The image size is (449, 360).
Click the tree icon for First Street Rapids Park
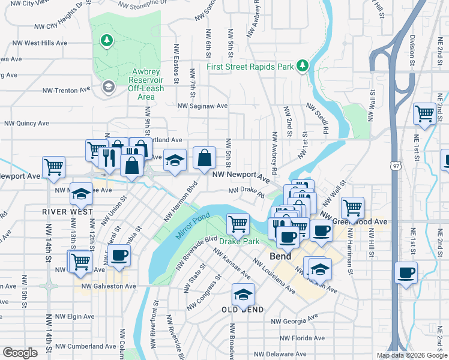point(303,65)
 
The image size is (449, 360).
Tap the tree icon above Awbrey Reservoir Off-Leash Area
point(106,41)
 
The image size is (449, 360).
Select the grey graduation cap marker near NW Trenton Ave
point(108,87)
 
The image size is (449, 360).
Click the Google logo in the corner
point(20,353)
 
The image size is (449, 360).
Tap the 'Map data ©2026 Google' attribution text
point(411,355)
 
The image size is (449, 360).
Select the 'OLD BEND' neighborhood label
point(243,310)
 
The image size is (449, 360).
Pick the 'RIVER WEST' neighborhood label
point(67,212)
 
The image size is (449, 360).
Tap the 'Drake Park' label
point(239,241)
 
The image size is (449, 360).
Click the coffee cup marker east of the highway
point(406,272)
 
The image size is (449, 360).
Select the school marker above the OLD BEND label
point(243,294)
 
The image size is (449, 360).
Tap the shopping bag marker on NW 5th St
point(205,158)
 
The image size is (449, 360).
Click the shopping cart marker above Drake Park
point(238,224)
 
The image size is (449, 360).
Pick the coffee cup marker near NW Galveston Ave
point(118,255)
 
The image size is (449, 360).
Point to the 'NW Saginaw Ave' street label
point(202,106)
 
